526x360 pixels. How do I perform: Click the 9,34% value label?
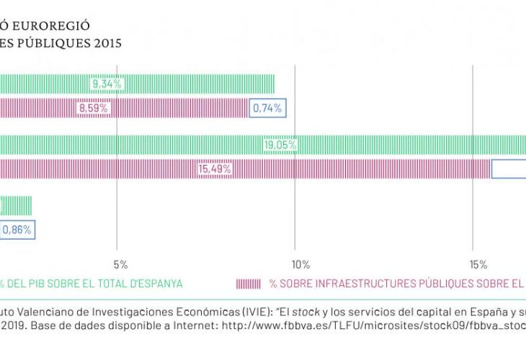coord(108,84)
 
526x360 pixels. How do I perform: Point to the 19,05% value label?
coord(280,145)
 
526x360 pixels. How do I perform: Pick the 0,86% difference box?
coord(17,230)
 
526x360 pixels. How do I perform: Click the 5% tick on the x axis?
coord(120,262)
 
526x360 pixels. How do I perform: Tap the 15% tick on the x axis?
coord(476,262)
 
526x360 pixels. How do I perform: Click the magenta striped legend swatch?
coord(249,284)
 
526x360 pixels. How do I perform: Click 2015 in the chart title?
coord(107,42)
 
